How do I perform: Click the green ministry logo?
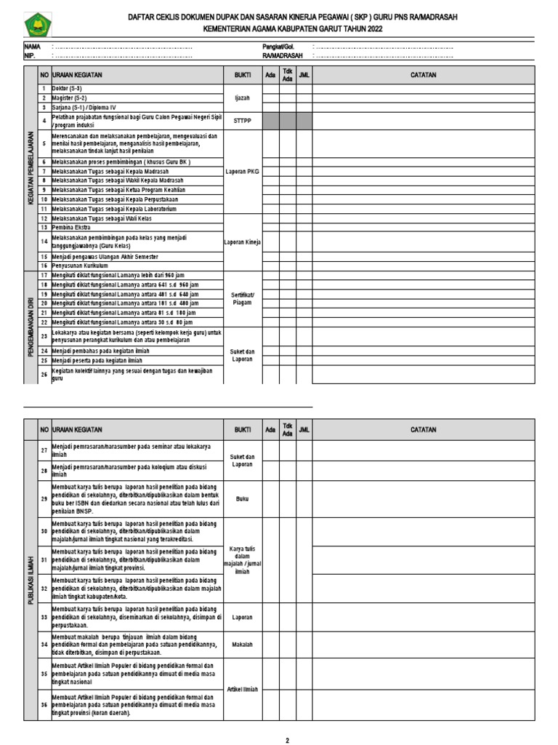(36, 26)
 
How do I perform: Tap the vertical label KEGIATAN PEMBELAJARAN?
(31, 167)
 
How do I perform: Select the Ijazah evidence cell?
(243, 97)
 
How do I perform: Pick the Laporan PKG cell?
(243, 172)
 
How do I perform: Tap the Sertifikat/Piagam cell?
(243, 298)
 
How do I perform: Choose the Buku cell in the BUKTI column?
(243, 499)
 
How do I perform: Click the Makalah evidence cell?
(243, 645)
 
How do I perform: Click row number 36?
(44, 705)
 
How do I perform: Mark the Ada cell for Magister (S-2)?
(270, 97)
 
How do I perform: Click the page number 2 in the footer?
(287, 740)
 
